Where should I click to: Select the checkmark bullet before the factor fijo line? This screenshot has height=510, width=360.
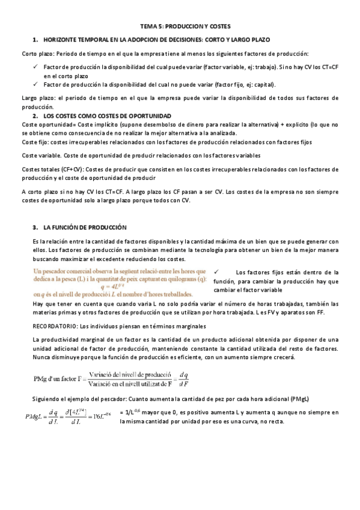pyautogui.click(x=37, y=84)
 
